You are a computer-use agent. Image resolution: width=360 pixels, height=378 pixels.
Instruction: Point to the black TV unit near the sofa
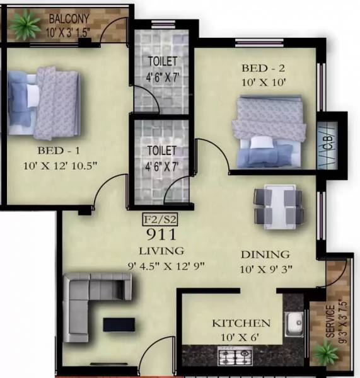[x=119, y=324]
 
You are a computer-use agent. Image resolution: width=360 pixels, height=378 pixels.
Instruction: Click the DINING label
[x=265, y=255]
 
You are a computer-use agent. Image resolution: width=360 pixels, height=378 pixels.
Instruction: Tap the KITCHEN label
[x=241, y=323]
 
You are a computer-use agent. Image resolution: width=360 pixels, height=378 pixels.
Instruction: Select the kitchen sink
[x=294, y=326]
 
